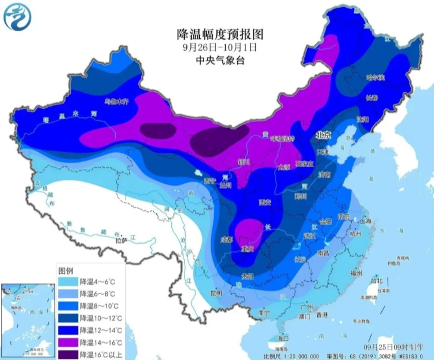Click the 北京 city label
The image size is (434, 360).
(x=323, y=135)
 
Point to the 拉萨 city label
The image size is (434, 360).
(x=121, y=239)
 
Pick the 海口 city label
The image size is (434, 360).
(x=283, y=337)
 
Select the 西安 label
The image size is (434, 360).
(x=265, y=202)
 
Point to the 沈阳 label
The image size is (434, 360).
(x=362, y=120)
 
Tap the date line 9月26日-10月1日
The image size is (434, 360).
(x=218, y=46)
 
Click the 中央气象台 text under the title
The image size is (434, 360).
(x=218, y=60)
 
